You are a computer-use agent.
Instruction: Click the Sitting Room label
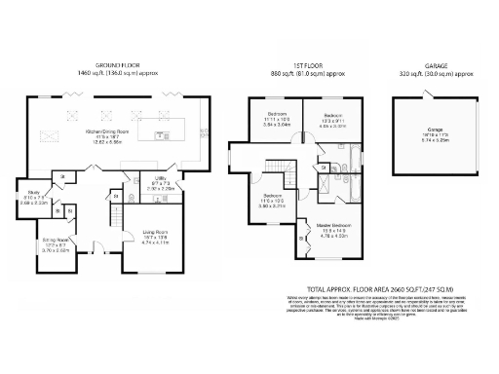54,243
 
